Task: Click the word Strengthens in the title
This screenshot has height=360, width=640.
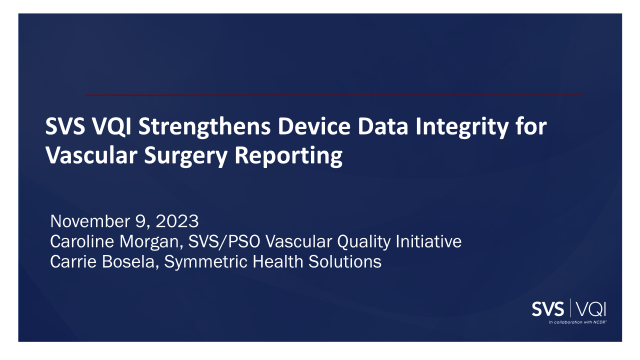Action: [x=204, y=127]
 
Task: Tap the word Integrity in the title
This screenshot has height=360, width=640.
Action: [x=462, y=127]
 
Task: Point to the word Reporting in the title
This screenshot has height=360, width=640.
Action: [x=288, y=156]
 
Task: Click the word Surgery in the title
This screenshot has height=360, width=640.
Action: [x=185, y=156]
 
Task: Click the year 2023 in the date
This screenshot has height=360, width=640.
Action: [x=177, y=221]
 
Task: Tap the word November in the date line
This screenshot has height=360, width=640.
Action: [x=90, y=221]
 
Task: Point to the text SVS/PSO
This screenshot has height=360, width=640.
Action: [x=224, y=241]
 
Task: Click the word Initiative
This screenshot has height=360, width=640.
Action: [x=428, y=241]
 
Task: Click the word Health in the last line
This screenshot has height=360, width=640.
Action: [x=277, y=261]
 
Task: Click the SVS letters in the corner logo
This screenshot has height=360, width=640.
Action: [x=547, y=309]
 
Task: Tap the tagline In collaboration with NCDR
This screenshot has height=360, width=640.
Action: [x=577, y=322]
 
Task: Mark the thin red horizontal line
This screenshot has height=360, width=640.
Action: [x=334, y=95]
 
